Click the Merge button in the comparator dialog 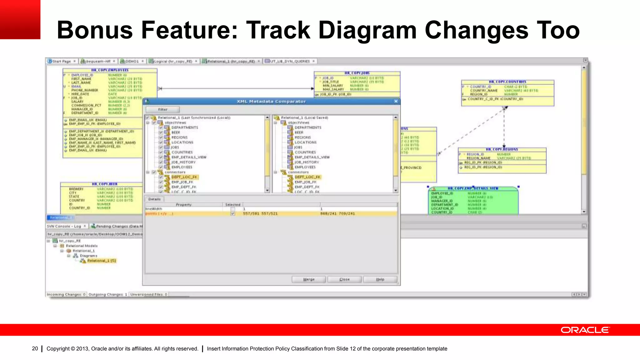pyautogui.click(x=309, y=279)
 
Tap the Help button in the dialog pyautogui.click(x=380, y=279)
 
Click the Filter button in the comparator pyautogui.click(x=162, y=109)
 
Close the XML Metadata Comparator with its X pyautogui.click(x=396, y=101)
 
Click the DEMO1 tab pyautogui.click(x=132, y=61)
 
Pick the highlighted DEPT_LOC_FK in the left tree pyautogui.click(x=184, y=177)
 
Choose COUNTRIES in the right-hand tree pyautogui.click(x=305, y=152)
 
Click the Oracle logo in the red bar pyautogui.click(x=585, y=330)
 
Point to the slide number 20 pyautogui.click(x=35, y=348)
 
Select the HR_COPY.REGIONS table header pyautogui.click(x=502, y=149)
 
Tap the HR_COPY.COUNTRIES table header pyautogui.click(x=507, y=82)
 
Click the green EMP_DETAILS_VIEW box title pyautogui.click(x=472, y=188)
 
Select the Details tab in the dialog pyautogui.click(x=154, y=199)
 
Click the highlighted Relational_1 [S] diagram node pyautogui.click(x=101, y=261)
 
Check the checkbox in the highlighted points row pyautogui.click(x=232, y=214)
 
